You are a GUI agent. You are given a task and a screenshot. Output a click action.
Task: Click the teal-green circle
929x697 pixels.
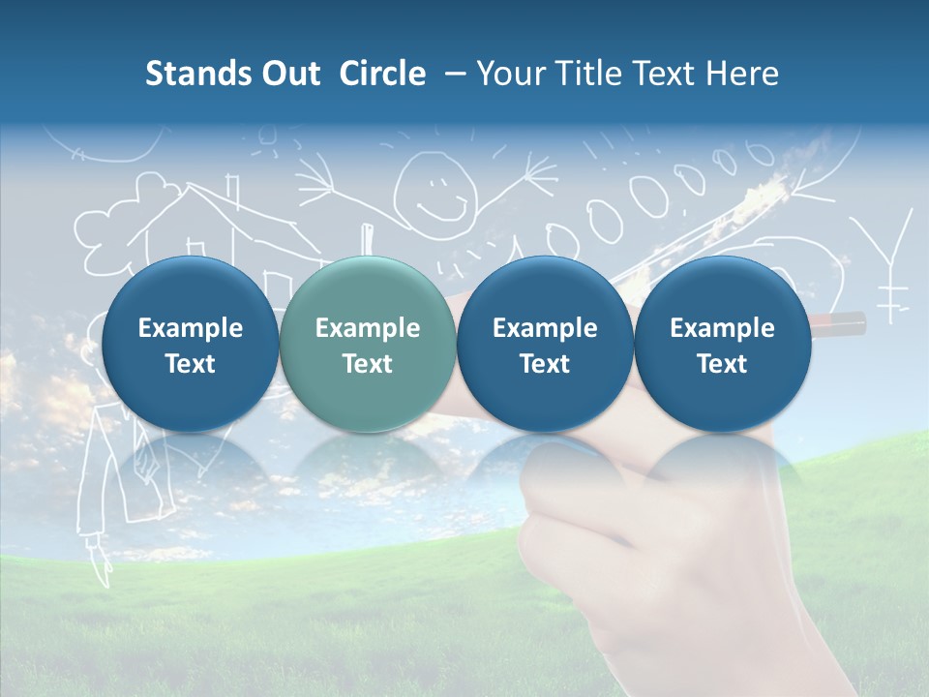367,345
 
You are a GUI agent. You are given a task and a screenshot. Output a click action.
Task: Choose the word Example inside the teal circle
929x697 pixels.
368,328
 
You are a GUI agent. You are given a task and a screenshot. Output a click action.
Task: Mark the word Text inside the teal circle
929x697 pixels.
368,364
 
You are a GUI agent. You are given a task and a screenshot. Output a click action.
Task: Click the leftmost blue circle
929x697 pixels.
190,345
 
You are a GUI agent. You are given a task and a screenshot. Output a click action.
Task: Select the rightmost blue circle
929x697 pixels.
722,345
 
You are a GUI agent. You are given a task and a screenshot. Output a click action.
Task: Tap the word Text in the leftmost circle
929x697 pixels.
190,364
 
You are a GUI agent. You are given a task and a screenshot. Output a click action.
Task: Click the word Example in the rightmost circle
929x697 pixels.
722,328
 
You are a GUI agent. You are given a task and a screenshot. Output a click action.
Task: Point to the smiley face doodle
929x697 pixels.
436,189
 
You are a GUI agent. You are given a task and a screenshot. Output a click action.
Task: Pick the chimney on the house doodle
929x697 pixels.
232,191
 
